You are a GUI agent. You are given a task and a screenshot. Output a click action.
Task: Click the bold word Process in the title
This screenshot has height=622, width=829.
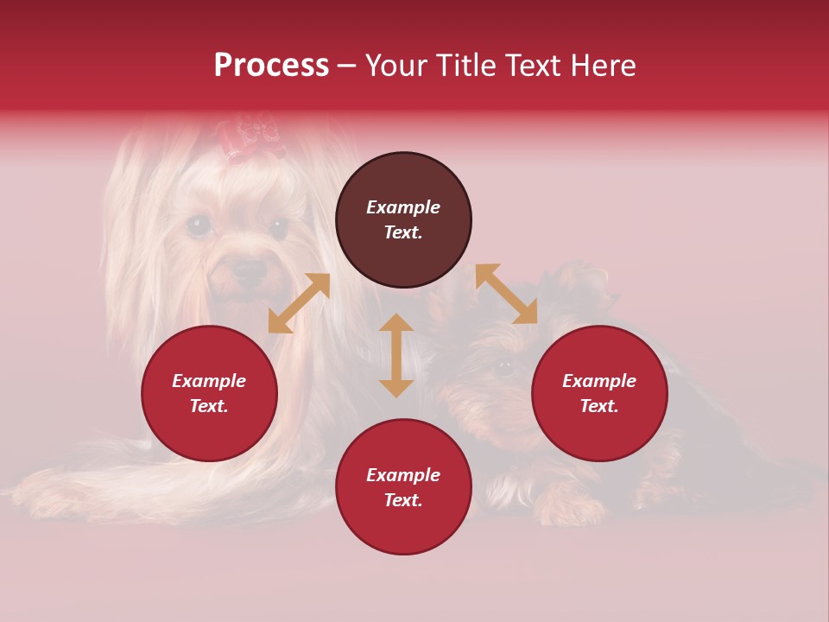tap(271, 66)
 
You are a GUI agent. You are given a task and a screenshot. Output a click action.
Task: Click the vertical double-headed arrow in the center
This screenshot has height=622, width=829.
tap(396, 355)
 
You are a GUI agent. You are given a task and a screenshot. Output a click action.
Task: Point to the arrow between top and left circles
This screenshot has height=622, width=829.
tap(299, 303)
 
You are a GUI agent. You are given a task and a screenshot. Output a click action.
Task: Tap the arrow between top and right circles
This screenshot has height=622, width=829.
tap(506, 294)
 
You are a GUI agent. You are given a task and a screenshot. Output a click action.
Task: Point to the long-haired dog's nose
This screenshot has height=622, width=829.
tap(250, 270)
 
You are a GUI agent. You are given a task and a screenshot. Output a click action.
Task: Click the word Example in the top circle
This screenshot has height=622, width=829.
tap(403, 207)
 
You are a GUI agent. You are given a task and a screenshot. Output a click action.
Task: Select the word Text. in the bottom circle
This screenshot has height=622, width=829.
tap(403, 500)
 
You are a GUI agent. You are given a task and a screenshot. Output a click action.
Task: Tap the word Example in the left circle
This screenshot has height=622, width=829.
tap(209, 381)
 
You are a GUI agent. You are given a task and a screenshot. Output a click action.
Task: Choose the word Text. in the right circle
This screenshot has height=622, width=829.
tap(599, 406)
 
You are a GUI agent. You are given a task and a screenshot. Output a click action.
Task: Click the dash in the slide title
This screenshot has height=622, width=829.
tap(346, 66)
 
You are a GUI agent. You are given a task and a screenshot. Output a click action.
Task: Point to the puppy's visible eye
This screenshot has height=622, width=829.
tap(504, 367)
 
